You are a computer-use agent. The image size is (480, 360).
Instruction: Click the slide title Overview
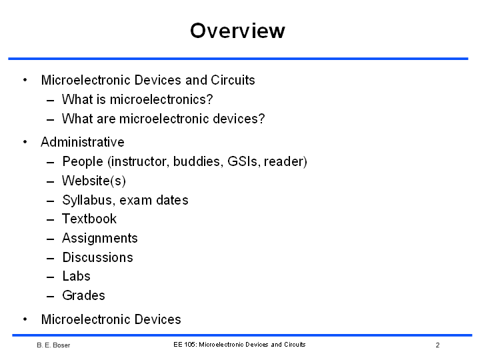coord(237,31)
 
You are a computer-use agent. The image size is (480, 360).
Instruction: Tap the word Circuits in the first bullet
coord(233,80)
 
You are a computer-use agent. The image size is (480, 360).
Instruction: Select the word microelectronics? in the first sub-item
coord(161,99)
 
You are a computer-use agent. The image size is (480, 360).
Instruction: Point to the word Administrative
coord(83,142)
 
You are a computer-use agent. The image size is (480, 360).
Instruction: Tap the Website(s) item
coord(94,181)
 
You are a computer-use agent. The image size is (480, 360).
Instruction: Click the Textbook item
coord(89,219)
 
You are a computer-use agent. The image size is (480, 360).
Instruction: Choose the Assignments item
coord(100,238)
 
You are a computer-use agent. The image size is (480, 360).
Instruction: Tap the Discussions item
coord(97,257)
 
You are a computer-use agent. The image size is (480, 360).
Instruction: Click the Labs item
coord(77,276)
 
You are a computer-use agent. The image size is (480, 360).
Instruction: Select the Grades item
coord(83,295)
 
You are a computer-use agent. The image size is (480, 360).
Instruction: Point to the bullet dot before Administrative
coord(25,142)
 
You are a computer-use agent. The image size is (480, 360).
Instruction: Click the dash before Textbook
coord(51,219)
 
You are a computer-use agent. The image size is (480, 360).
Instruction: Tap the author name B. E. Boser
coord(53,345)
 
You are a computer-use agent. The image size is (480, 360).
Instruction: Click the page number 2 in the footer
coord(438,345)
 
